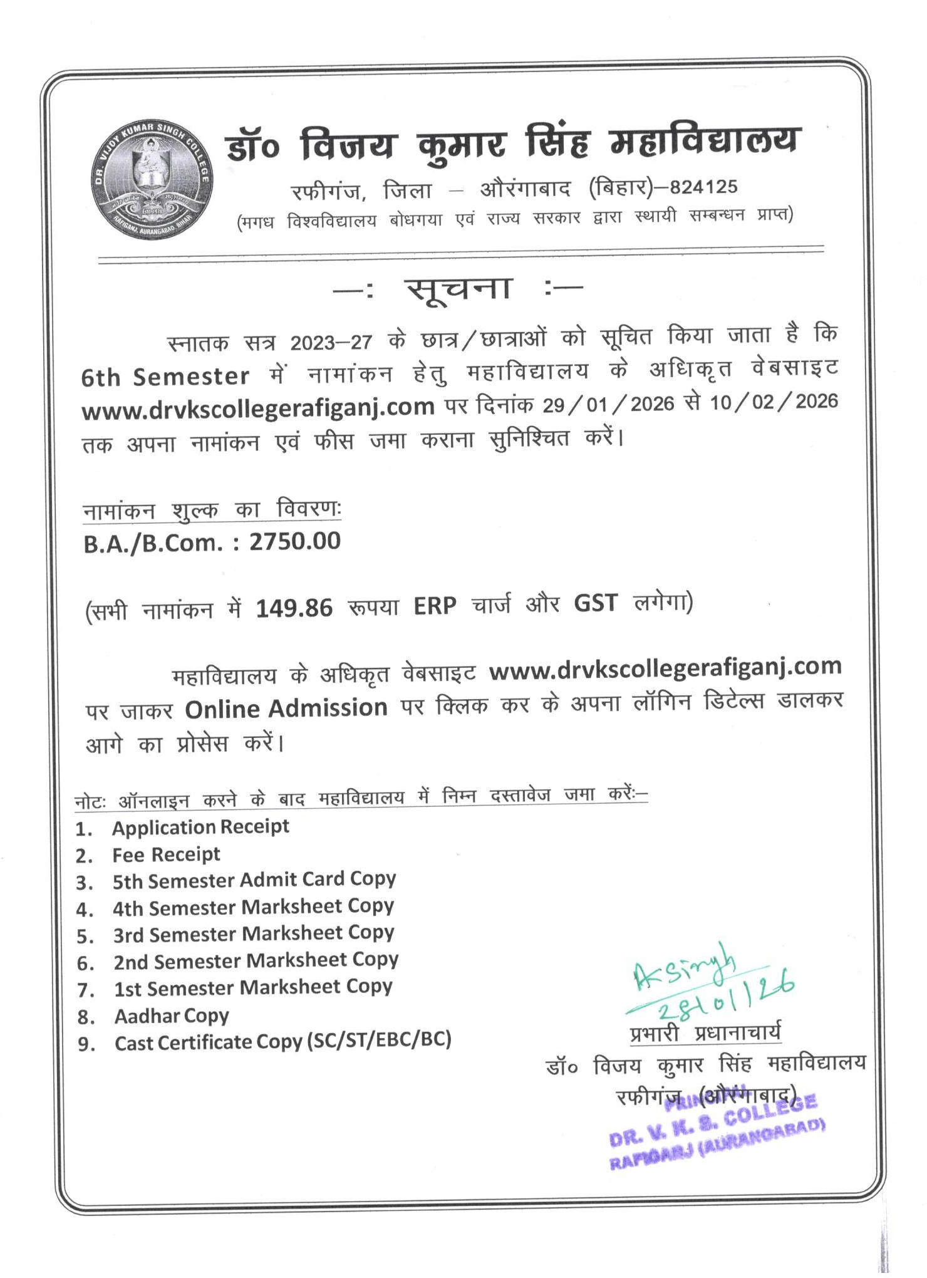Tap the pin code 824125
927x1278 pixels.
[703, 187]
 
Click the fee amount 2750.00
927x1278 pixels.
[294, 541]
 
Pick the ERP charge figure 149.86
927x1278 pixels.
[294, 608]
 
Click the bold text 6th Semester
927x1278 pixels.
[165, 377]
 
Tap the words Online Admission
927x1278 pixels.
[286, 709]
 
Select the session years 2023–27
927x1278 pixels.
[331, 342]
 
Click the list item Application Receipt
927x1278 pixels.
[200, 827]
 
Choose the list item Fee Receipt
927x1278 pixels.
[166, 855]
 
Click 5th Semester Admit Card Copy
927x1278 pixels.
[254, 880]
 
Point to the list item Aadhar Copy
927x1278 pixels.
[171, 1016]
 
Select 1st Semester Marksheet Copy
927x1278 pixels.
[252, 988]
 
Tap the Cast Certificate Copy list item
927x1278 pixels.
[282, 1042]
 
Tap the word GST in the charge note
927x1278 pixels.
[595, 603]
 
